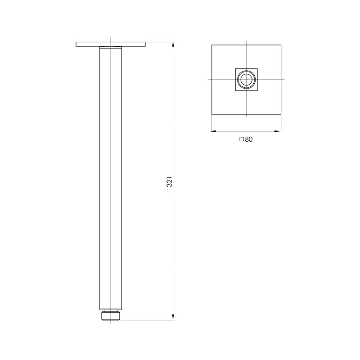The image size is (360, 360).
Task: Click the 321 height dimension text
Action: coord(170,182)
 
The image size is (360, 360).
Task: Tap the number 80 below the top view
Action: coord(249,139)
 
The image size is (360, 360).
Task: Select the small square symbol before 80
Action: coord(242,139)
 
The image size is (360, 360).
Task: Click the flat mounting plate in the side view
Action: coord(111,44)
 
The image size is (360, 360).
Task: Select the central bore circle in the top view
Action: coord(246,80)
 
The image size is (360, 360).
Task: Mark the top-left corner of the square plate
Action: coord(211,45)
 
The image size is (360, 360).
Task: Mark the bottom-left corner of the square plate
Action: coord(211,115)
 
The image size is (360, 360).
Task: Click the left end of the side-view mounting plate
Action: coord(77,44)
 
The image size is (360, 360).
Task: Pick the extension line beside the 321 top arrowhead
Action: coord(160,42)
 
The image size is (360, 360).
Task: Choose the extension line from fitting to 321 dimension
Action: coord(148,320)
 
